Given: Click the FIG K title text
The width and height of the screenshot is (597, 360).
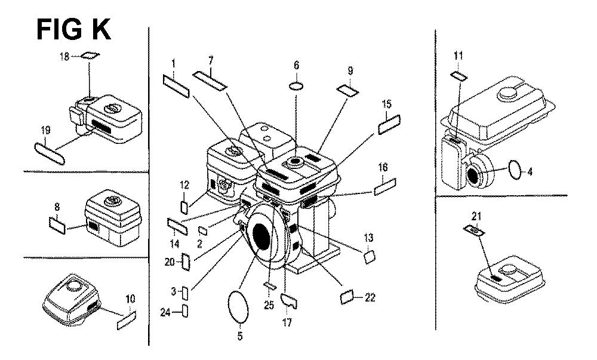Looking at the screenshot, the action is pyautogui.click(x=73, y=30).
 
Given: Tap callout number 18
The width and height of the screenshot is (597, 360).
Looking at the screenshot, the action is pyautogui.click(x=64, y=57).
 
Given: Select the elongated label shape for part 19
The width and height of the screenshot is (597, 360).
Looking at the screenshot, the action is pyautogui.click(x=50, y=153).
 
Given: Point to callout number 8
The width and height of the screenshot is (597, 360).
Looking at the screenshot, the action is pyautogui.click(x=57, y=208).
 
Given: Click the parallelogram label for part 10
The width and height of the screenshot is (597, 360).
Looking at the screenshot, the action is pyautogui.click(x=127, y=321).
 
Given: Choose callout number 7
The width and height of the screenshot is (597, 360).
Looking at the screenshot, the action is pyautogui.click(x=211, y=60).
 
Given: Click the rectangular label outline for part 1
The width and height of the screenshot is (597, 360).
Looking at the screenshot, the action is pyautogui.click(x=176, y=87).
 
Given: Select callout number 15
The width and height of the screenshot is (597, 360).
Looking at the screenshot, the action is pyautogui.click(x=387, y=103).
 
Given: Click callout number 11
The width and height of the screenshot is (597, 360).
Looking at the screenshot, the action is pyautogui.click(x=458, y=56).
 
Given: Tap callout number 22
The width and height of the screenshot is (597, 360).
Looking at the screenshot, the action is pyautogui.click(x=370, y=297).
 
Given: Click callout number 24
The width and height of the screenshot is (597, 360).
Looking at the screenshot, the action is pyautogui.click(x=165, y=313).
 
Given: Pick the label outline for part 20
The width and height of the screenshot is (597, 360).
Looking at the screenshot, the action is pyautogui.click(x=186, y=261).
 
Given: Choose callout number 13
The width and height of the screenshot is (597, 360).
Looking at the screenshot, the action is pyautogui.click(x=368, y=238).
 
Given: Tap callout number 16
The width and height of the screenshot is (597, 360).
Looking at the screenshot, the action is pyautogui.click(x=383, y=167).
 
